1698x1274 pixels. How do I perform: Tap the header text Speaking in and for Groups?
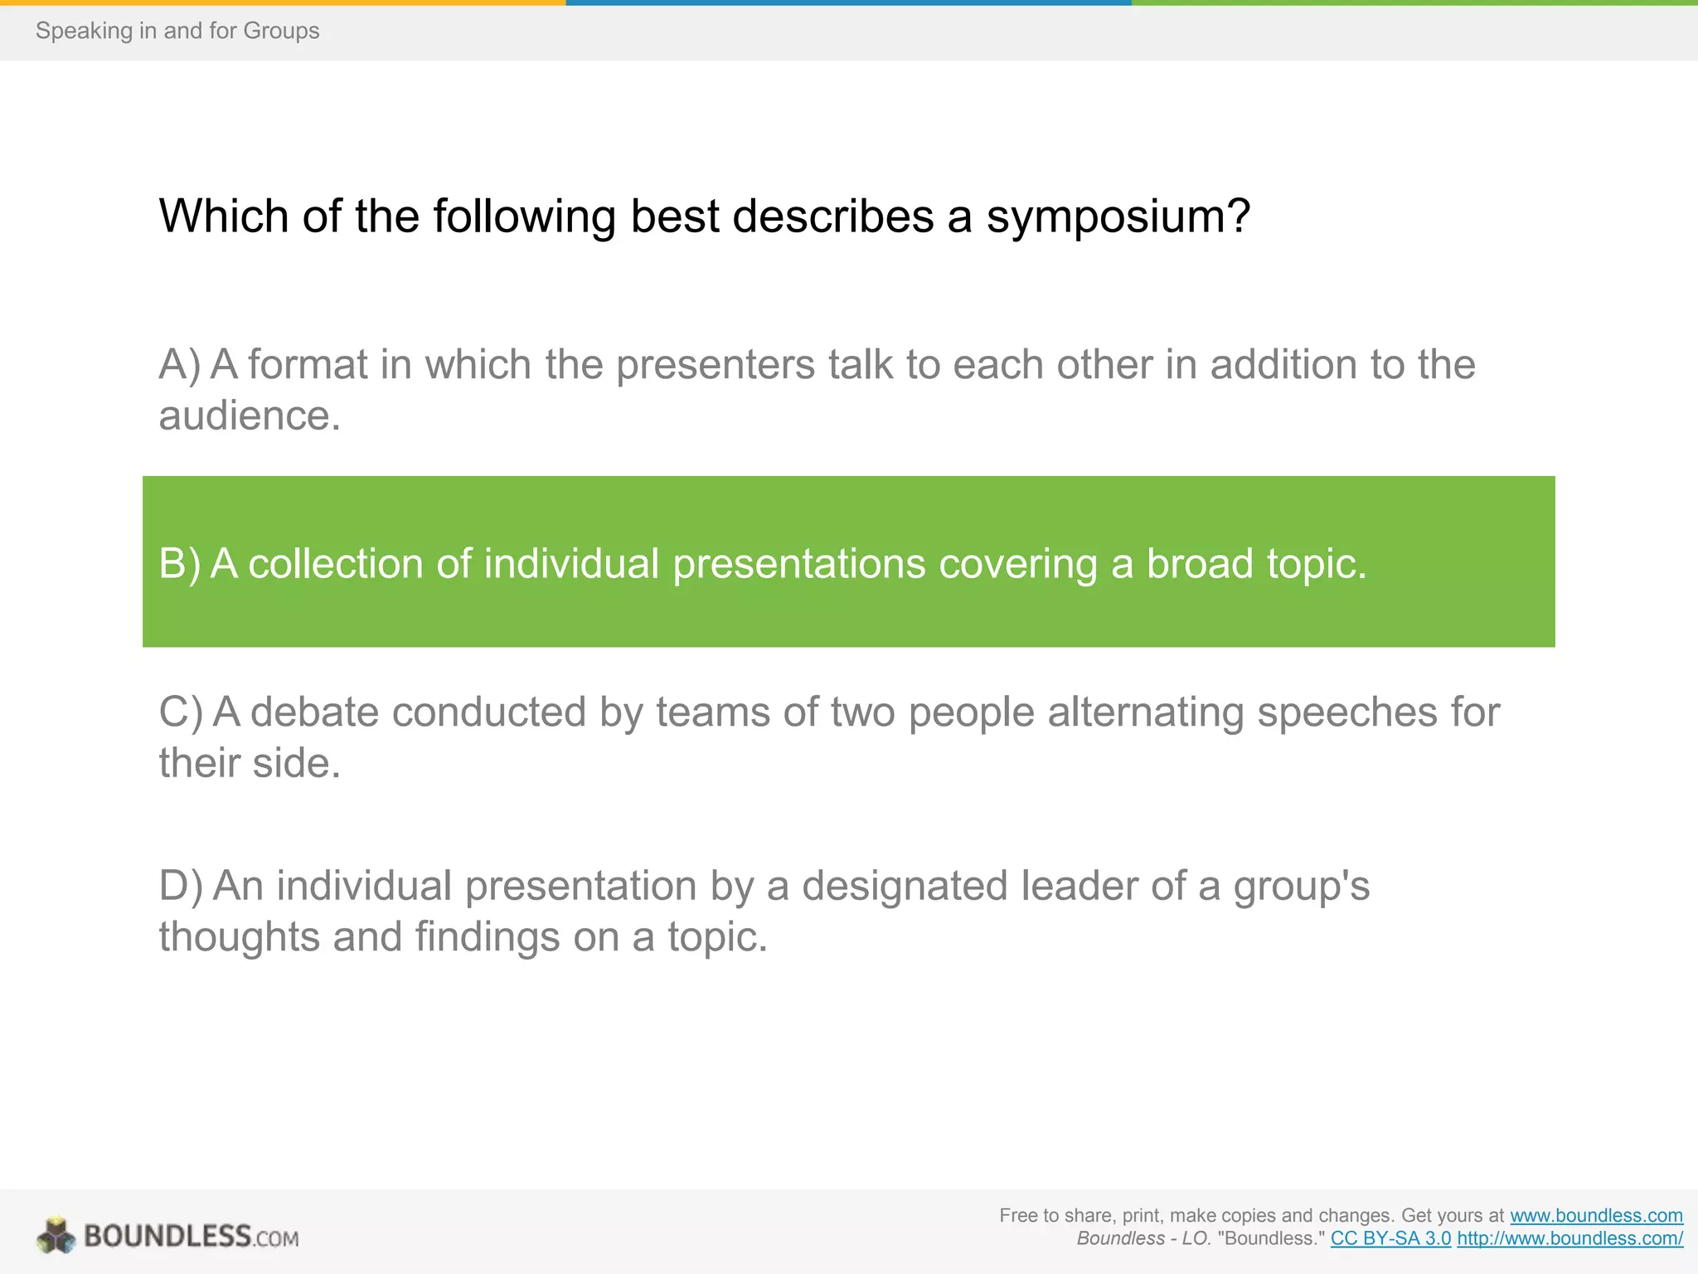click(x=177, y=31)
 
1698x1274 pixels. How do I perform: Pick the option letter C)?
click(x=180, y=712)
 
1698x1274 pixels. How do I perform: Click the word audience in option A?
click(x=249, y=416)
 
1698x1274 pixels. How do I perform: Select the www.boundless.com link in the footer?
click(x=1596, y=1216)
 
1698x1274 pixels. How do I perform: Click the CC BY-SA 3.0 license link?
click(x=1390, y=1238)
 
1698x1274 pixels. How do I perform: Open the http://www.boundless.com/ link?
click(x=1569, y=1238)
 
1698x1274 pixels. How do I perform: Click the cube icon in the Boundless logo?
click(x=56, y=1236)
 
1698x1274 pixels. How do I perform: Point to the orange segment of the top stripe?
click(x=282, y=2)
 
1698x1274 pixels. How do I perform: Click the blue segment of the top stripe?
click(x=848, y=2)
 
